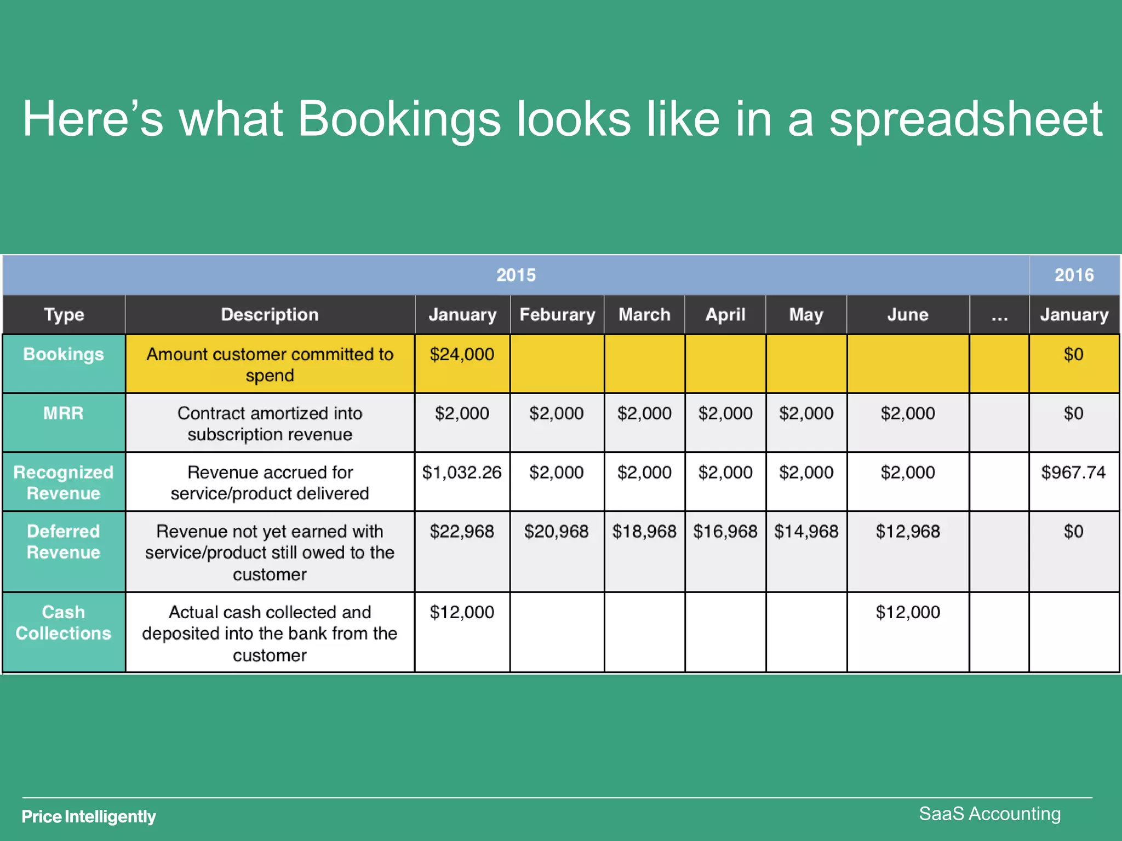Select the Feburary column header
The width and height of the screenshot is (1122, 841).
click(557, 315)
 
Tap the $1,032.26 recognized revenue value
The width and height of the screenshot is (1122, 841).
click(462, 473)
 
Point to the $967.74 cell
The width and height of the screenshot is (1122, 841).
click(1073, 473)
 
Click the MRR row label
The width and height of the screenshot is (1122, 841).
click(64, 413)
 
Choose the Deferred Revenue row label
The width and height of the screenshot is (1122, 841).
click(64, 542)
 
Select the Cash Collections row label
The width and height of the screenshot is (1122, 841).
click(64, 623)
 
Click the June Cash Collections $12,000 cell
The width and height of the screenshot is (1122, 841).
click(908, 612)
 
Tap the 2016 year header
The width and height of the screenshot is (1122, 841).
click(1074, 275)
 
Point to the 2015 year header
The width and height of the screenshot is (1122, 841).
click(516, 275)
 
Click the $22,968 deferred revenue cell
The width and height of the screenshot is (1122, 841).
click(462, 532)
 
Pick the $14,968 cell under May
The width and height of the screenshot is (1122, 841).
click(806, 532)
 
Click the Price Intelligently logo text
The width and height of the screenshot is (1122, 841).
click(89, 817)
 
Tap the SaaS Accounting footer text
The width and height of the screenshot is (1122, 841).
click(989, 814)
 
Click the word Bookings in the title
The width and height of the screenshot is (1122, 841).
click(399, 119)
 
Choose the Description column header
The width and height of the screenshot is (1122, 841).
click(270, 315)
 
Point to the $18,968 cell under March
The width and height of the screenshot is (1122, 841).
click(644, 532)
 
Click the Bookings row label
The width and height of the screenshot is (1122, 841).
click(64, 355)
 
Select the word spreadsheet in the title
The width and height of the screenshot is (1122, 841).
click(965, 119)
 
